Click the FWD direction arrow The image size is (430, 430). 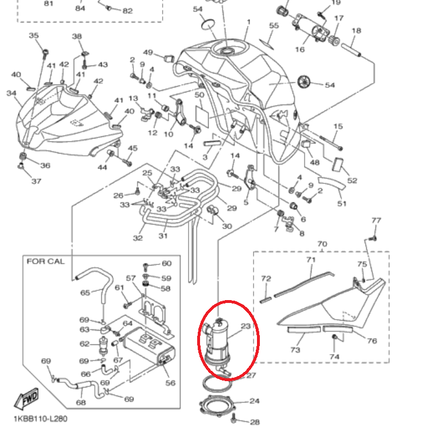27,398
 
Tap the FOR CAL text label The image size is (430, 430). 46,262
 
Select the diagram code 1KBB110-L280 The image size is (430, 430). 41,419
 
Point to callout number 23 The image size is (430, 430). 245,326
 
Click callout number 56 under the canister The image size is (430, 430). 170,383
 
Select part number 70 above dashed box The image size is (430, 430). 322,244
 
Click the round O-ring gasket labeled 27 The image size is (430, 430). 217,384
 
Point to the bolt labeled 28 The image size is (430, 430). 234,418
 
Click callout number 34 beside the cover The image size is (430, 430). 11,93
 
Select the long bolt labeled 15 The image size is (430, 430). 331,143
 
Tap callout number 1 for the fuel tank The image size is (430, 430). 248,22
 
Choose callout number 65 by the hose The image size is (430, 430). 85,293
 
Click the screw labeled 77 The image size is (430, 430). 373,239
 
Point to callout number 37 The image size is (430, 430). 36,181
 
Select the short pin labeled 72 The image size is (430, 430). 266,300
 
